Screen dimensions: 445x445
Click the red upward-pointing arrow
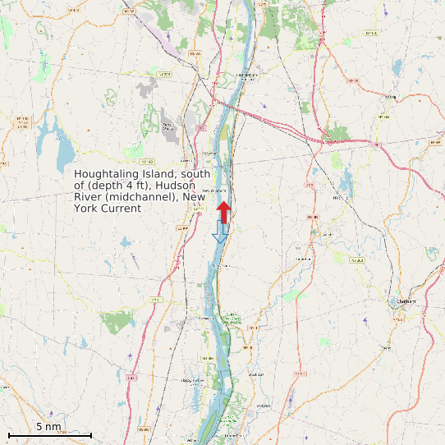coord(223,209)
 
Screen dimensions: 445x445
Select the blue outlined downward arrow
coord(220,232)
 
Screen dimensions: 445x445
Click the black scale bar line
coord(49,434)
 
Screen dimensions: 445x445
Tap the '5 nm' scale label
coord(49,427)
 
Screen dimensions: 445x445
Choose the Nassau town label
coord(391,96)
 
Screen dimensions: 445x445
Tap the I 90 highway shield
coord(377,145)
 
